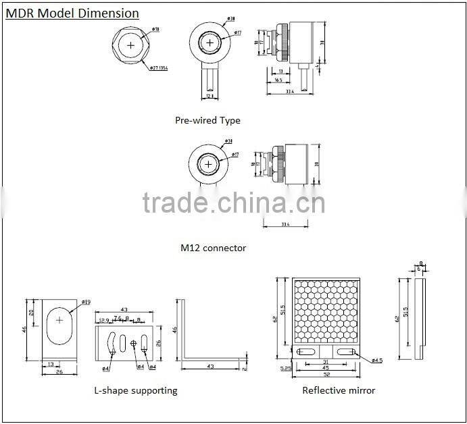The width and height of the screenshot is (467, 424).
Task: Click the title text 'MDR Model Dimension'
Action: point(72,14)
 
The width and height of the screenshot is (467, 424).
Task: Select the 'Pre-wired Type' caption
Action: point(207,120)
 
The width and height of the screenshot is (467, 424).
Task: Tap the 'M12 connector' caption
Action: point(213,248)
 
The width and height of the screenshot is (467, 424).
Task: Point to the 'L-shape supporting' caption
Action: point(136,390)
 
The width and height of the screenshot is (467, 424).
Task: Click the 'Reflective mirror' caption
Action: point(339,390)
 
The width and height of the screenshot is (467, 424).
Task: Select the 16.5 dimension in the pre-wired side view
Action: point(278,80)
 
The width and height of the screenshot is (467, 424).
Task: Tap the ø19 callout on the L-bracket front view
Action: point(86,302)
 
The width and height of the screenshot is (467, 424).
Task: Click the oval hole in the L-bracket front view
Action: point(59,319)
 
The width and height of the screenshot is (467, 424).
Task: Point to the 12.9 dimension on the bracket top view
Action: point(103,319)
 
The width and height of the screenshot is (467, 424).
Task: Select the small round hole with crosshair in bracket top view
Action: point(134,344)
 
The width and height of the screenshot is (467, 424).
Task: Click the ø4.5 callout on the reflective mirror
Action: point(376,361)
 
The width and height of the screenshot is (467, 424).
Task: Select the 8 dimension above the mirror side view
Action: point(421,264)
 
